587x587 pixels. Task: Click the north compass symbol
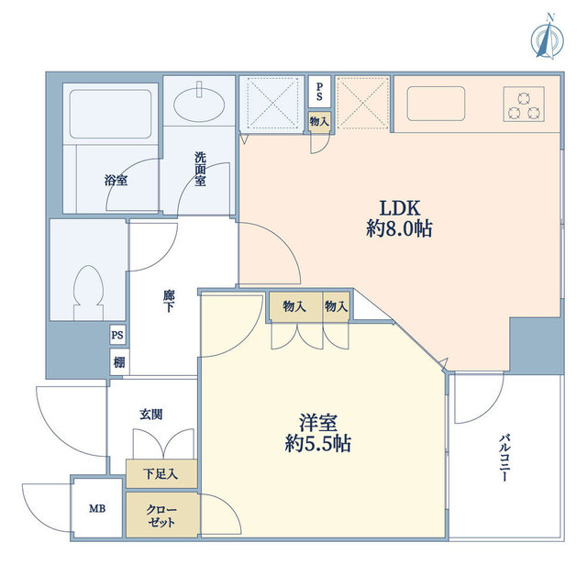[548, 38]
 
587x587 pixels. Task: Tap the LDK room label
[400, 208]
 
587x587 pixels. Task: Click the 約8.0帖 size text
[399, 228]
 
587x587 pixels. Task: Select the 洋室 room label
[318, 423]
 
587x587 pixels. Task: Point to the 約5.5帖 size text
[318, 444]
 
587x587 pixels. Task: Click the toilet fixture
[88, 293]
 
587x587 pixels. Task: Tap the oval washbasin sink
[199, 105]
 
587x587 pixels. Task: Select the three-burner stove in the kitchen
[524, 104]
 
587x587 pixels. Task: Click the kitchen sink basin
[437, 104]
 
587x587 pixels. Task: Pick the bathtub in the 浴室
[111, 114]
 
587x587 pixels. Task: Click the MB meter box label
[97, 508]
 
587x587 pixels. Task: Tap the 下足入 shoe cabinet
[161, 474]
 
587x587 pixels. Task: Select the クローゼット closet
[161, 515]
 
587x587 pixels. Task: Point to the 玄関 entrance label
[151, 415]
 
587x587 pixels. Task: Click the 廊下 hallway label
[169, 301]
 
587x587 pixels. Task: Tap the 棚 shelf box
[119, 362]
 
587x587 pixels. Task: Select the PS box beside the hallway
[117, 335]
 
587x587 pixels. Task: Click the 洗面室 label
[200, 169]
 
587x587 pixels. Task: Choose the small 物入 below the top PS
[319, 121]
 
